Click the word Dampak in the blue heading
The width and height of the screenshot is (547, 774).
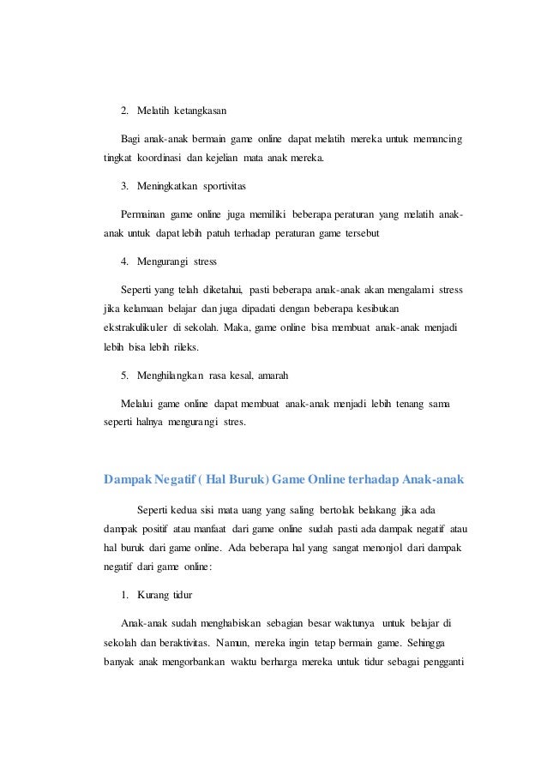click(128, 478)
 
